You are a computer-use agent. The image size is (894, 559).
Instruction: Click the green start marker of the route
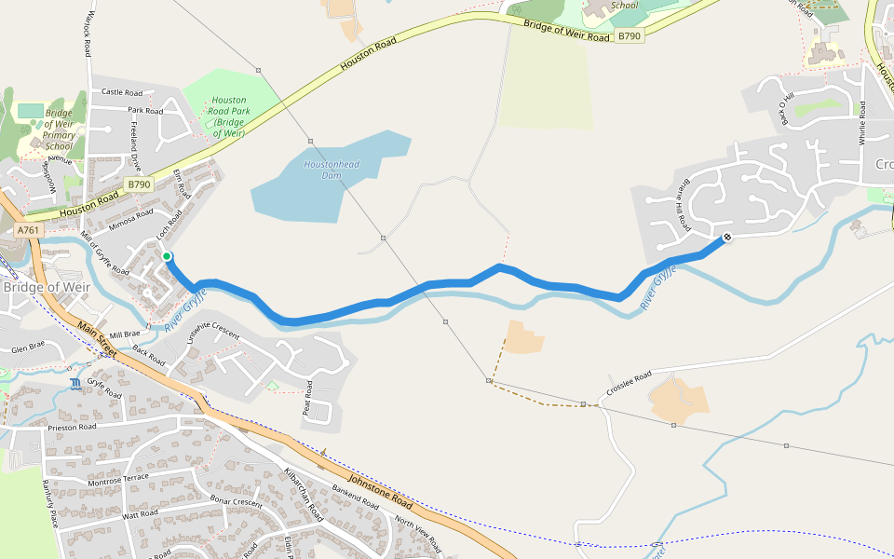[167, 256]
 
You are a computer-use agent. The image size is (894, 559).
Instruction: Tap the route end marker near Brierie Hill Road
[726, 238]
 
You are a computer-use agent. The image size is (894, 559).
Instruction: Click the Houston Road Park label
[228, 116]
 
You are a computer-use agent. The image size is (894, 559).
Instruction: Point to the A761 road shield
[28, 229]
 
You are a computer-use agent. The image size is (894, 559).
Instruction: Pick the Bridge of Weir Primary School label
[59, 130]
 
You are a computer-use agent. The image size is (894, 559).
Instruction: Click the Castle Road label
[121, 92]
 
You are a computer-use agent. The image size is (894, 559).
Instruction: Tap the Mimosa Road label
[130, 220]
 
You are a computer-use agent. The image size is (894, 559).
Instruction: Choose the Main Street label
[97, 340]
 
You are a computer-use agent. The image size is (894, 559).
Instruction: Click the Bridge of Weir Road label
[567, 31]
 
